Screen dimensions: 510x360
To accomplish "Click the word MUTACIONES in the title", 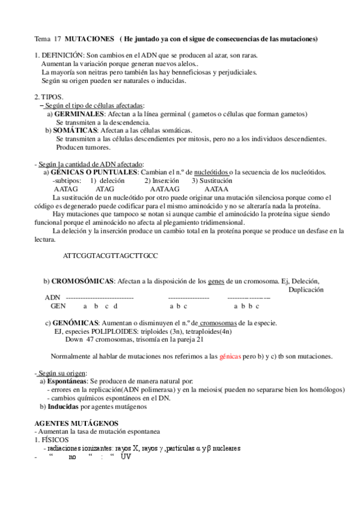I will pyautogui.click(x=89, y=39).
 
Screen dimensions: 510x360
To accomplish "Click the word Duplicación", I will pyautogui.click(x=306, y=289).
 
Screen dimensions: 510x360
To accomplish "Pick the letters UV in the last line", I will pyautogui.click(x=126, y=456).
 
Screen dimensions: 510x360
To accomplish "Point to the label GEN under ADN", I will pyautogui.click(x=58, y=306).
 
